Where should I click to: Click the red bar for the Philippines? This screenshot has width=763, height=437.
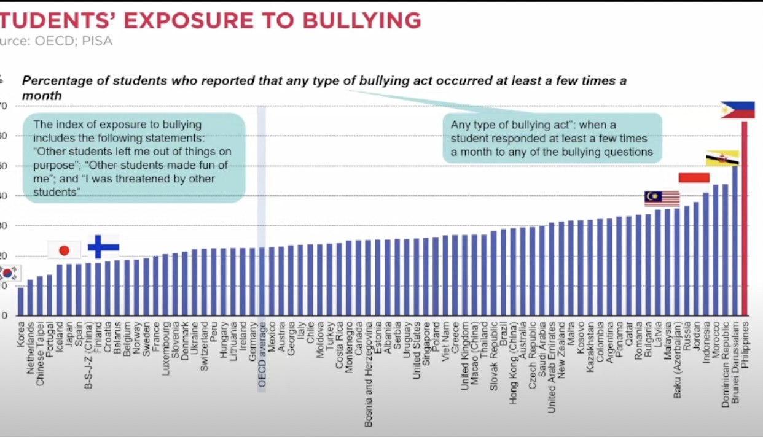[745, 218]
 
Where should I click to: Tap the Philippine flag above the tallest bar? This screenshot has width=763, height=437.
[738, 110]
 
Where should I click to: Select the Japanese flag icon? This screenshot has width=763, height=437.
[64, 250]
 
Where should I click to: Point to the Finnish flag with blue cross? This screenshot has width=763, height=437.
[103, 247]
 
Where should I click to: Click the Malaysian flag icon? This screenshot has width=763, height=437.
[662, 199]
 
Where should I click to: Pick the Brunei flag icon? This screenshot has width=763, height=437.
[722, 158]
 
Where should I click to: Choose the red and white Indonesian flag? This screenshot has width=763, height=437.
[694, 177]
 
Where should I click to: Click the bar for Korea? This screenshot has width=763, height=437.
[20, 301]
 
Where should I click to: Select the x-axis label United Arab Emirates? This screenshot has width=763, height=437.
[551, 368]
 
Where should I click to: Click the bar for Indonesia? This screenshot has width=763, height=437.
[706, 254]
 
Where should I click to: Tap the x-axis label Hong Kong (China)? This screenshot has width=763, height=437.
[513, 362]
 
